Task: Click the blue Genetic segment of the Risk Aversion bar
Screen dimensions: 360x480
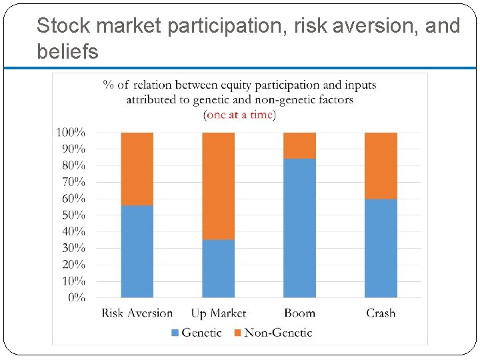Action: coord(137,251)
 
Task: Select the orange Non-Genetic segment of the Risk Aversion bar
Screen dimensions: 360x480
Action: coord(137,169)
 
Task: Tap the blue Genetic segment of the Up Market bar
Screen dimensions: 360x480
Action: coord(218,269)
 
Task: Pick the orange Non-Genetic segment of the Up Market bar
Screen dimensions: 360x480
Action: coord(218,186)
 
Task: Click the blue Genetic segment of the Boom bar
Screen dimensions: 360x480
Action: coord(299,228)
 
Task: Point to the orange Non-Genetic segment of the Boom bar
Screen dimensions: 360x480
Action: coord(299,145)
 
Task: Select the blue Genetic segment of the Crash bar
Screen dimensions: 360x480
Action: coord(381,248)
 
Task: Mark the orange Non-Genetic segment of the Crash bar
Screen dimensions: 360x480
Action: coord(381,165)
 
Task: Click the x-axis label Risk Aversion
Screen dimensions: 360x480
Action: coord(137,313)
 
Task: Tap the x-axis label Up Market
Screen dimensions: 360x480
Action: coord(218,313)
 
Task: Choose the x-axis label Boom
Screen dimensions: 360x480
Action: coord(299,313)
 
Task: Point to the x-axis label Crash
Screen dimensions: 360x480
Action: coord(381,313)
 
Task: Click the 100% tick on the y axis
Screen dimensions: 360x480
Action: coord(70,133)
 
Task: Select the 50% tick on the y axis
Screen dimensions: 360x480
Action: coord(73,215)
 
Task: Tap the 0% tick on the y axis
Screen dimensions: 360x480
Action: coord(76,298)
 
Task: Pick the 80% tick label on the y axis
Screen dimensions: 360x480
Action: coord(73,165)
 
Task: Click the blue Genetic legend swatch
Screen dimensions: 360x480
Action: coord(175,333)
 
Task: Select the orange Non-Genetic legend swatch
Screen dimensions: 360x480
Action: coord(237,333)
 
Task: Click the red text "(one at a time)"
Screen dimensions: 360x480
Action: coord(240,115)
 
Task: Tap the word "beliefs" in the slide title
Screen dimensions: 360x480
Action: coord(67,51)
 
